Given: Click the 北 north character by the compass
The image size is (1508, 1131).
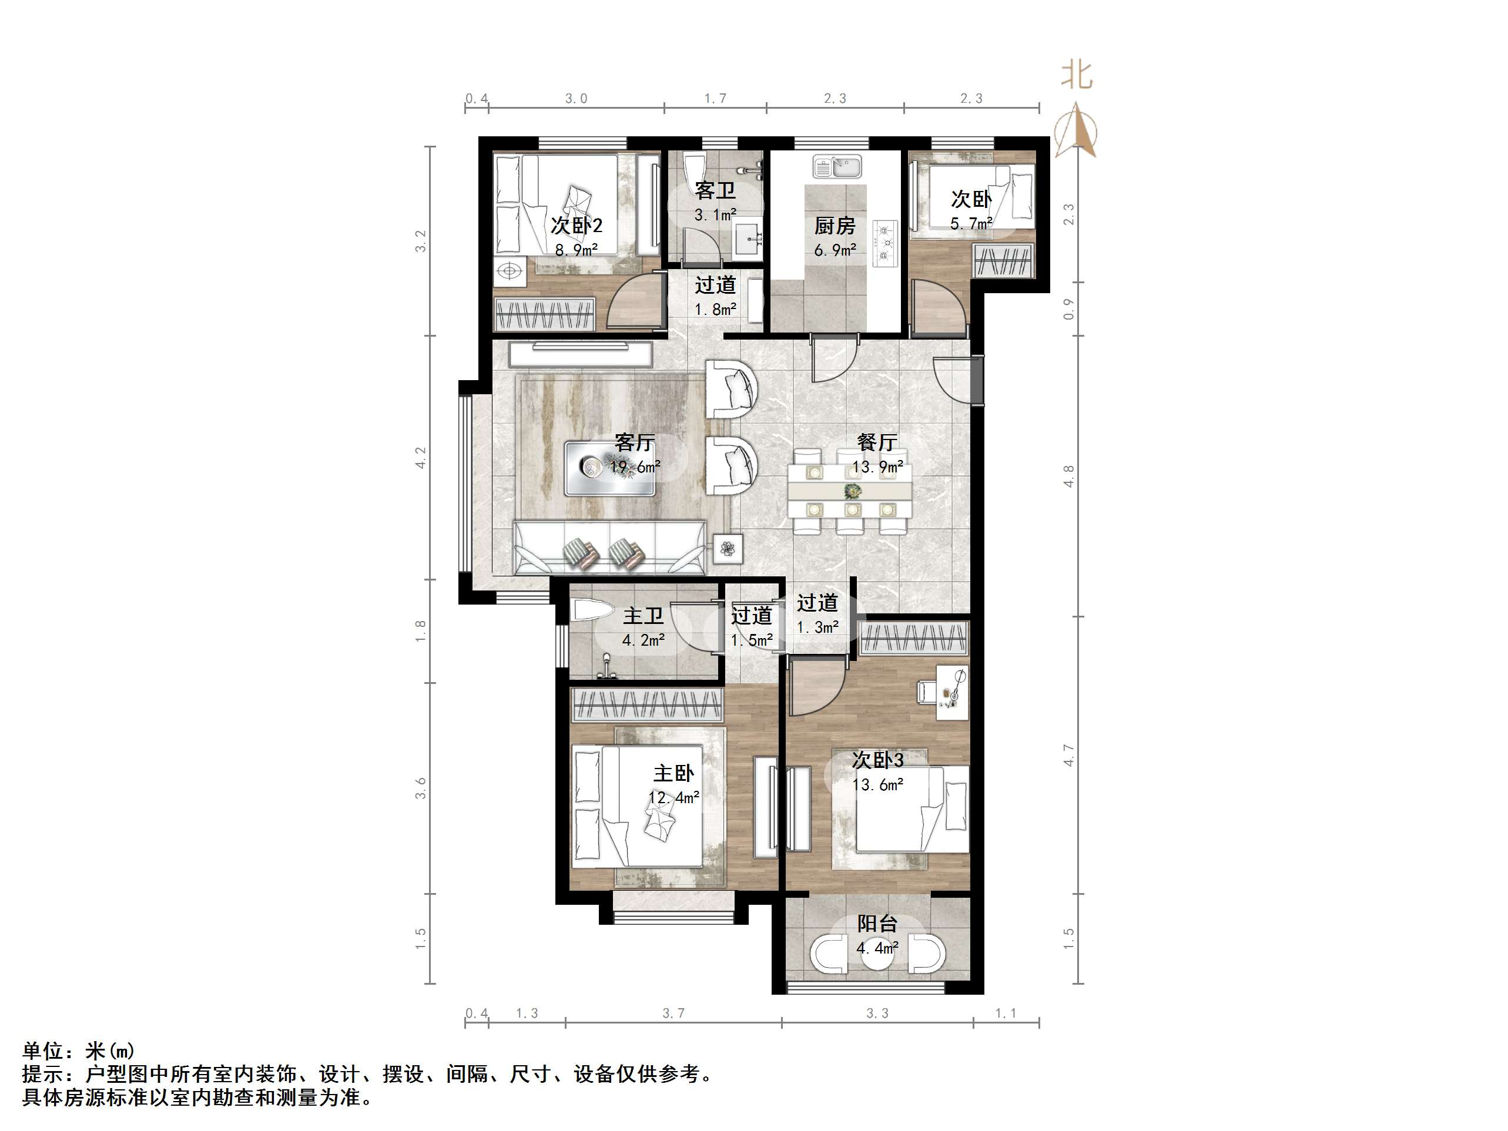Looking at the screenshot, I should (x=1077, y=75).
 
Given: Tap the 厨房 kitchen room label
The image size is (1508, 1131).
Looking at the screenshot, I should (x=835, y=225).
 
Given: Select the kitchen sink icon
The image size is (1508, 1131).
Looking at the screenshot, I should (x=837, y=166).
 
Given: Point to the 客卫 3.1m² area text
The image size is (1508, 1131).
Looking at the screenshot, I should (x=715, y=216).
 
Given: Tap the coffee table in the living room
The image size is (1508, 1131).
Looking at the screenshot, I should (x=609, y=468).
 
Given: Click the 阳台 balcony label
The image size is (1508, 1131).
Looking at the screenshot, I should (x=877, y=924).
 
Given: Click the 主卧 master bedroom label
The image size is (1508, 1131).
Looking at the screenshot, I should (x=673, y=773).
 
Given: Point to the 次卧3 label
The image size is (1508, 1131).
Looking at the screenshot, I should (x=878, y=760).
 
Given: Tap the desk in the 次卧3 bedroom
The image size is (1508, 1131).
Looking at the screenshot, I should (x=950, y=693).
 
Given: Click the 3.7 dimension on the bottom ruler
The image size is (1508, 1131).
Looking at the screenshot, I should (x=673, y=1013).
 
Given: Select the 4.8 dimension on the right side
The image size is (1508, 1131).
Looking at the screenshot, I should (x=1068, y=476).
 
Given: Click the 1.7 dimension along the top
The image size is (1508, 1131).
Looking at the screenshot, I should (x=715, y=99).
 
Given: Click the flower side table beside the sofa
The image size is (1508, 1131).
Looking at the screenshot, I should (x=728, y=548).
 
